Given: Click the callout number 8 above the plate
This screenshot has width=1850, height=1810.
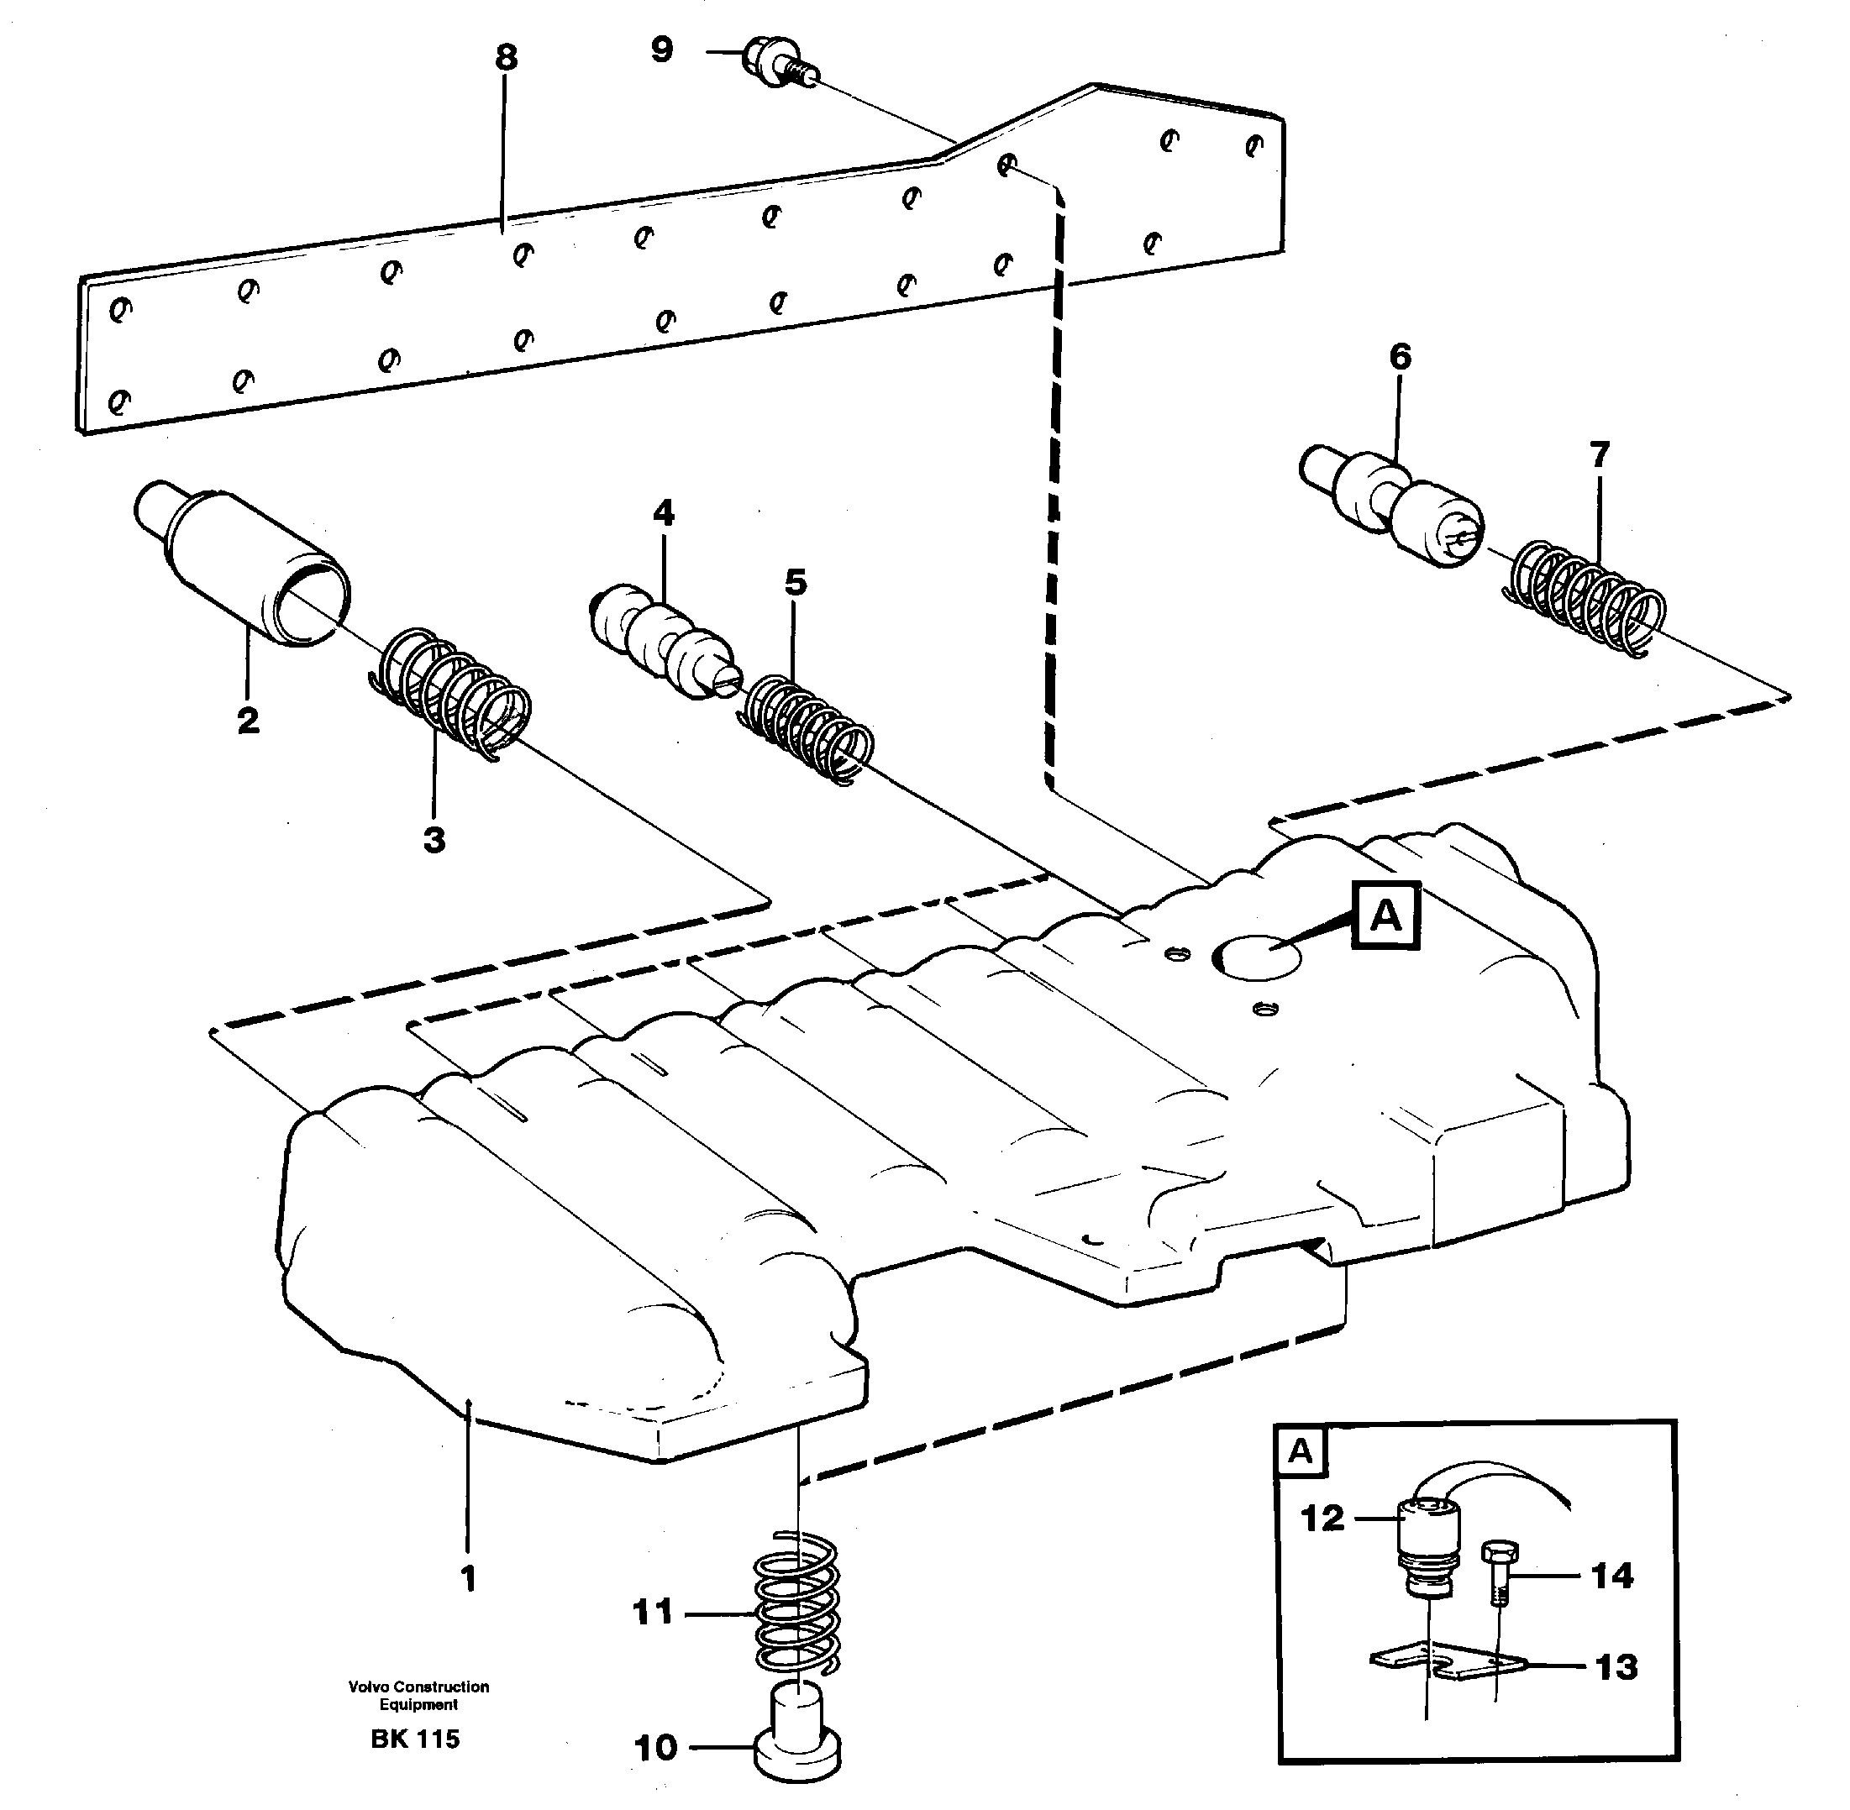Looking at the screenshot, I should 506,58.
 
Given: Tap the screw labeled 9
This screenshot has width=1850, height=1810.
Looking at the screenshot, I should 775,63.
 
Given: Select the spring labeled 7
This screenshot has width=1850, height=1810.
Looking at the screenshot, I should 1585,597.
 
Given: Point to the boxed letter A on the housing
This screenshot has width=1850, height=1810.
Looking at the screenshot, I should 1385,915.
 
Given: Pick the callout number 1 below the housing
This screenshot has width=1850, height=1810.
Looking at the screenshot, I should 467,1579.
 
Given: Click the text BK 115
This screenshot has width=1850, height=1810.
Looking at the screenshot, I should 415,1738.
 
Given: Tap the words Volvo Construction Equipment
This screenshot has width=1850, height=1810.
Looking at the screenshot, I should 418,1694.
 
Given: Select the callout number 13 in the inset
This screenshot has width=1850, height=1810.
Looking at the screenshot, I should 1616,1666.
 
